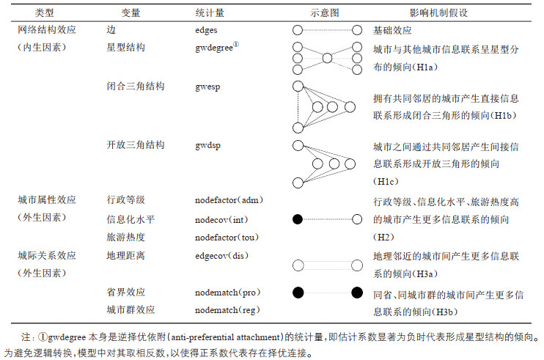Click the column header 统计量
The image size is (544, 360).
coord(210,13)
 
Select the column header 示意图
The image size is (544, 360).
coord(326,13)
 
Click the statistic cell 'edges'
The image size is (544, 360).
coord(207,31)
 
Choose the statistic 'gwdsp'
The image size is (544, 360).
coord(208,145)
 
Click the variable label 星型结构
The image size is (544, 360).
coord(125,47)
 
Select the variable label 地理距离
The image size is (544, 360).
coord(125,255)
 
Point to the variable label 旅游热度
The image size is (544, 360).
coord(125,237)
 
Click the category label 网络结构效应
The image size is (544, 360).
coord(46,31)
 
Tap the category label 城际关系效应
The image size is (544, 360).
coord(46,255)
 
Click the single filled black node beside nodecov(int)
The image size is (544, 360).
coord(297,218)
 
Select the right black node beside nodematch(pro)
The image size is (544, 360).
coord(357,293)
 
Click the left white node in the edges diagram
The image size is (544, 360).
coord(297,31)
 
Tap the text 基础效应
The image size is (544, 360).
coord(392,31)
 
